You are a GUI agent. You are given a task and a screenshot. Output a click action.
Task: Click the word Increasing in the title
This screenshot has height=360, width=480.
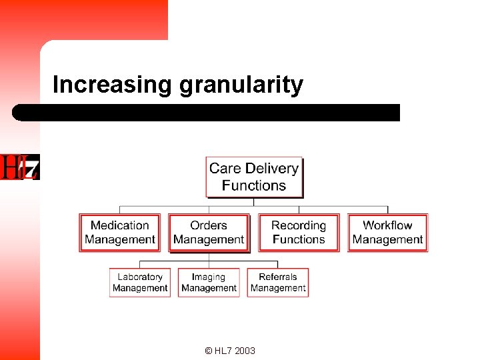(x=113, y=85)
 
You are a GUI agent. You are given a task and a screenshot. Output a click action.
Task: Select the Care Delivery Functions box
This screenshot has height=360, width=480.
(x=254, y=177)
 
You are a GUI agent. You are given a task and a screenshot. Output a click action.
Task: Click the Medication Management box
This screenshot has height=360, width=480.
(x=120, y=232)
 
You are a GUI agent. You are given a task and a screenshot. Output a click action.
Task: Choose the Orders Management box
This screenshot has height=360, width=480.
(x=209, y=232)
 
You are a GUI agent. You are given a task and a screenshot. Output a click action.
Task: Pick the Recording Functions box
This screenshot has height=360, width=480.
(x=299, y=232)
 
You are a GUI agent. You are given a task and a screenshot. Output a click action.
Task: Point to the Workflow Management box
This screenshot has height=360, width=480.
(x=387, y=232)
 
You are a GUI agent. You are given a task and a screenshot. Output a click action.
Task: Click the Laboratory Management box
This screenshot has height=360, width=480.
(x=140, y=282)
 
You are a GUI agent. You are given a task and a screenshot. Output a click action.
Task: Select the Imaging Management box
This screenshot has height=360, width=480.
(x=209, y=282)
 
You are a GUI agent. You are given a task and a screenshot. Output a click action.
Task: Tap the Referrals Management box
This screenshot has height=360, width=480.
(x=278, y=282)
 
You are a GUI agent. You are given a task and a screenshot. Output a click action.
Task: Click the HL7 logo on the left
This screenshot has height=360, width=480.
(x=20, y=167)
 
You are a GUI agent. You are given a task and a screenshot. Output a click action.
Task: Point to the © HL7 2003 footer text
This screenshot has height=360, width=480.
(x=230, y=351)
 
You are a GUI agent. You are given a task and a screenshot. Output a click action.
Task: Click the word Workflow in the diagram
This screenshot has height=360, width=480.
(x=387, y=225)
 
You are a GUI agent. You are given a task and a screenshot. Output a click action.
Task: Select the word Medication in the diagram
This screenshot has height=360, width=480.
(x=120, y=225)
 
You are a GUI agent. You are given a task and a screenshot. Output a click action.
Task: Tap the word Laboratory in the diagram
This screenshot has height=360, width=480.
(x=140, y=277)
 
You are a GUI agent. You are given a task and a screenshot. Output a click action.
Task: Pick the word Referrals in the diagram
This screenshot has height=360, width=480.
(x=278, y=277)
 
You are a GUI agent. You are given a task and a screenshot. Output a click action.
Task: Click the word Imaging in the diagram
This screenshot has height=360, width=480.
(x=209, y=277)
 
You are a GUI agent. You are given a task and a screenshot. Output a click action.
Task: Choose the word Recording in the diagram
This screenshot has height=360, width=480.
(x=299, y=225)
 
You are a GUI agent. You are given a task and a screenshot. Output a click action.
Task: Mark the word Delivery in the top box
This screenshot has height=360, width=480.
(x=272, y=169)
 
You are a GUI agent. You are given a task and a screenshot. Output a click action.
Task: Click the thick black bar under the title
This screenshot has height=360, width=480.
(x=207, y=112)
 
